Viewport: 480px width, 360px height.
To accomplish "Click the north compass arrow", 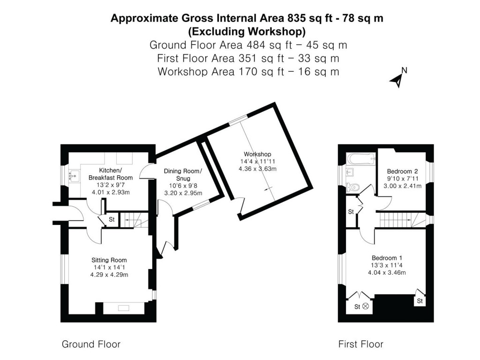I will [x=397, y=80].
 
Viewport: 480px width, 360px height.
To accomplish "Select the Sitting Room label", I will [x=109, y=260].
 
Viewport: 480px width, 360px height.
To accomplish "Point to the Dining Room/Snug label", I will [x=183, y=174].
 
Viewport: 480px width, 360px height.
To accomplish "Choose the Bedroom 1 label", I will [x=387, y=258].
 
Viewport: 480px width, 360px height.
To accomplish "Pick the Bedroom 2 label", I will [x=402, y=171].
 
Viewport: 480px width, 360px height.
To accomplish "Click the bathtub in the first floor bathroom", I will [x=360, y=158].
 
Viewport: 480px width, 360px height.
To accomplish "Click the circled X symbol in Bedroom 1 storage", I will [x=366, y=307].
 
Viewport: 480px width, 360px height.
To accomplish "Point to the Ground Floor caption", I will [x=91, y=345].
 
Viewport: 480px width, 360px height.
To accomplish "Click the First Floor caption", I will [x=360, y=345].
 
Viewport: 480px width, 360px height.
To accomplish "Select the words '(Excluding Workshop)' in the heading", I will [x=247, y=32].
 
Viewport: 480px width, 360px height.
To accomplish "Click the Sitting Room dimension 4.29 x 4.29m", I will [x=109, y=275].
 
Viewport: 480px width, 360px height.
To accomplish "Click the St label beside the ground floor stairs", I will [x=112, y=219].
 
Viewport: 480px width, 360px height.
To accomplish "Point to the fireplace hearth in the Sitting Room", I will [x=124, y=308].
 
